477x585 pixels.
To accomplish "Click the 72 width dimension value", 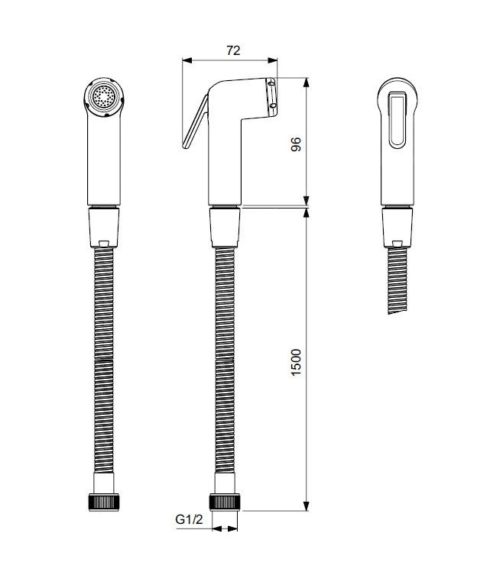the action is point(233,50).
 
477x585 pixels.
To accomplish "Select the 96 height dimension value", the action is point(296,144).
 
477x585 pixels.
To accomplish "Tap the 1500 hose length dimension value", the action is point(296,362).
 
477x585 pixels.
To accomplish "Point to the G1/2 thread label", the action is point(189,519).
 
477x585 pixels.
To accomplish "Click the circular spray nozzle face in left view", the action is point(103,97).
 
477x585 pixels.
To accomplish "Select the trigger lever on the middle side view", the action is point(195,121).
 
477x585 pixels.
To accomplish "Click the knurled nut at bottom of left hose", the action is point(104,502).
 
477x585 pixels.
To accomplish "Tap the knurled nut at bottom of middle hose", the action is point(225,502).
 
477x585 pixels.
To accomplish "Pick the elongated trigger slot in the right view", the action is point(397,119).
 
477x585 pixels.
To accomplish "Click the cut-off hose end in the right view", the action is point(397,312).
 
